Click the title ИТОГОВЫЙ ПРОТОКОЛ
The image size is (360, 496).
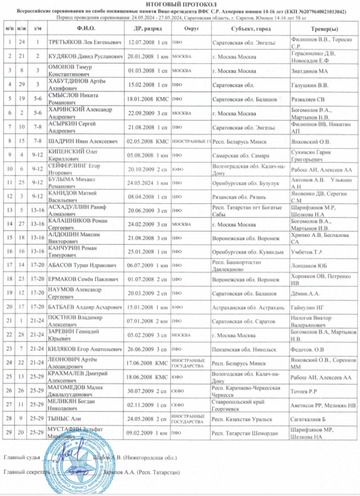pyautogui.click(x=180, y=3)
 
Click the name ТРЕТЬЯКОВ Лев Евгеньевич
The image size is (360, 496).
pyautogui.click(x=86, y=43)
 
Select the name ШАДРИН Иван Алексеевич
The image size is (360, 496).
pyautogui.click(x=83, y=142)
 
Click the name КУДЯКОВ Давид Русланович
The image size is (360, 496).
pyautogui.click(x=85, y=57)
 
